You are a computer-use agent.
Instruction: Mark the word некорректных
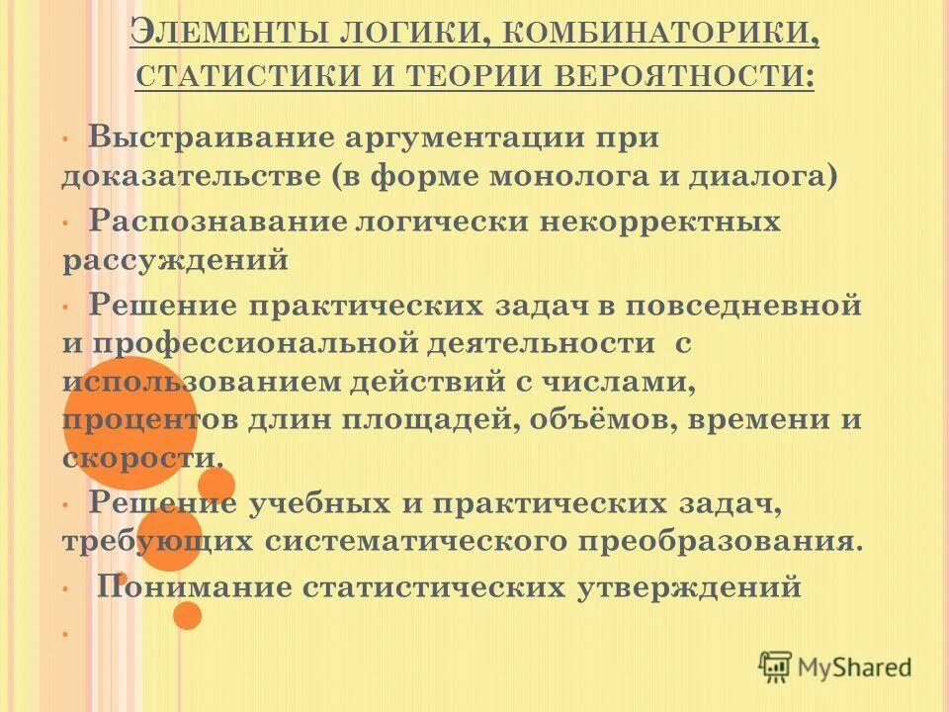pos(660,221)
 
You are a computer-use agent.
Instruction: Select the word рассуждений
pos(176,261)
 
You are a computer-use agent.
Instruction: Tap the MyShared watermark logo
pos(835,667)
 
